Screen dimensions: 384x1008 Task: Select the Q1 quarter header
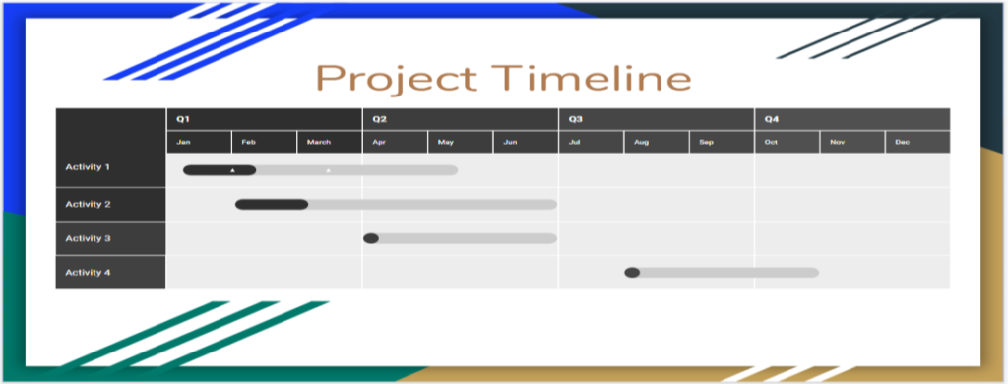point(182,119)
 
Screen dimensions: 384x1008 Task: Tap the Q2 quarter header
point(379,119)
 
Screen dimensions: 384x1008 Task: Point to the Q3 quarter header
point(575,119)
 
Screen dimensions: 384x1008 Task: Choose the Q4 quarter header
point(771,119)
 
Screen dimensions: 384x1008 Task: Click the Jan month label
point(183,143)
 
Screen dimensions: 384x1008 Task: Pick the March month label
point(319,143)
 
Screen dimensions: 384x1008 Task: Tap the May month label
point(446,143)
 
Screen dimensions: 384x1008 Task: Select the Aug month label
point(641,143)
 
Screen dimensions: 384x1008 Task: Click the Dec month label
point(902,143)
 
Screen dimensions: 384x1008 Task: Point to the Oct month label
point(771,143)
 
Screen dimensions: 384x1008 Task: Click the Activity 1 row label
point(88,167)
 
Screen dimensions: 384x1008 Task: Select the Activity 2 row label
point(88,204)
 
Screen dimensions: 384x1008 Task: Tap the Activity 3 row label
point(88,238)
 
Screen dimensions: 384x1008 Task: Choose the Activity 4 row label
point(88,272)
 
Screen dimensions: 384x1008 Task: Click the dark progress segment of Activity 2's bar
point(272,205)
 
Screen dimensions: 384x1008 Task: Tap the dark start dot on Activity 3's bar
point(371,238)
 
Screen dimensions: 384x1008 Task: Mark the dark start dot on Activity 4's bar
point(632,273)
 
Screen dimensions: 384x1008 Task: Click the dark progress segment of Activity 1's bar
point(219,170)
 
